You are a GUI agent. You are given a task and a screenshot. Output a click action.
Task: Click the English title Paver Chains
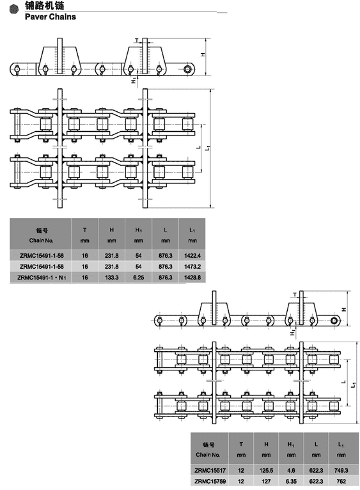click(x=51, y=17)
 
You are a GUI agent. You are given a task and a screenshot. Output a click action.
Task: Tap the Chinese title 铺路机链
click(x=44, y=5)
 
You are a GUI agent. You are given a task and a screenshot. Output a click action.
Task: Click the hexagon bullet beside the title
click(x=14, y=10)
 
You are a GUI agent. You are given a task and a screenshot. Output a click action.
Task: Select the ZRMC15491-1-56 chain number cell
click(x=42, y=256)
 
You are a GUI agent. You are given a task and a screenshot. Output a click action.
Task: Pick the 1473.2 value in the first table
click(x=192, y=267)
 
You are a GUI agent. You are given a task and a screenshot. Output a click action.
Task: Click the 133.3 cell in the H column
click(x=111, y=278)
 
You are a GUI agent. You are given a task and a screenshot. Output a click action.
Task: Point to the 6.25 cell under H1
click(x=139, y=278)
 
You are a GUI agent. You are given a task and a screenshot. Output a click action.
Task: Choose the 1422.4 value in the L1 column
click(x=192, y=256)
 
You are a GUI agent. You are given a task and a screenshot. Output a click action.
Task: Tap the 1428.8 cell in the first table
click(x=192, y=278)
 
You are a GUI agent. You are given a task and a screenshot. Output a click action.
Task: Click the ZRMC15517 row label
click(x=210, y=470)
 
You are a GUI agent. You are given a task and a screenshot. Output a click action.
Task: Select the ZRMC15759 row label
click(x=210, y=481)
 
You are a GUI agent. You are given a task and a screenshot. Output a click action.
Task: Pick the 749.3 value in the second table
click(x=341, y=470)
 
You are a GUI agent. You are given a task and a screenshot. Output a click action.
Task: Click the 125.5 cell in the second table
click(x=266, y=470)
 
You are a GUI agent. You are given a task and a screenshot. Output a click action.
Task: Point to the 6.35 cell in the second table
click(x=291, y=481)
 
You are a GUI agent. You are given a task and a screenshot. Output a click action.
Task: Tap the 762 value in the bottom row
click(x=341, y=481)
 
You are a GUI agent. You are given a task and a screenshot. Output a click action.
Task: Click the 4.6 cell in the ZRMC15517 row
click(x=291, y=470)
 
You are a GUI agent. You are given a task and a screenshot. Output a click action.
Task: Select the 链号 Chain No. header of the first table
click(x=42, y=235)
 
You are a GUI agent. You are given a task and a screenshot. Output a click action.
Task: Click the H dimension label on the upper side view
click(x=203, y=54)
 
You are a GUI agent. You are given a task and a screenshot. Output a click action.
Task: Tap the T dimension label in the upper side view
click(x=137, y=40)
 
